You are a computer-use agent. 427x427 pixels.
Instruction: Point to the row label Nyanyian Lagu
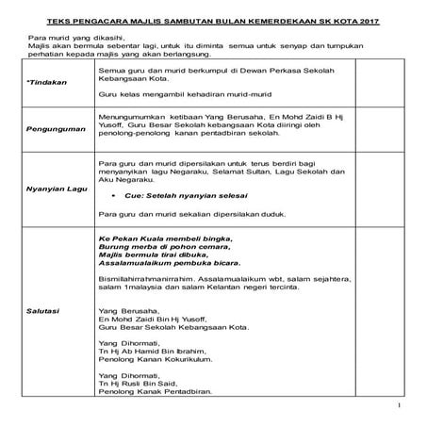click(52, 188)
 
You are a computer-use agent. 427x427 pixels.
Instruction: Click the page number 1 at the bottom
click(401, 406)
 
